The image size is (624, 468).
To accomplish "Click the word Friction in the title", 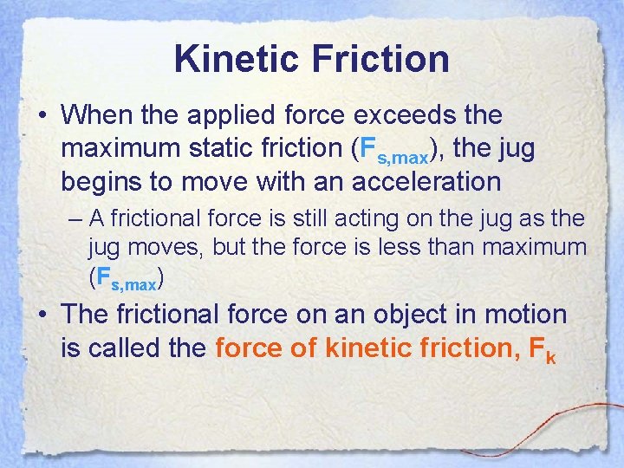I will [380, 59].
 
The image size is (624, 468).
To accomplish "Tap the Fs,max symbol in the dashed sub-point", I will [126, 279].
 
